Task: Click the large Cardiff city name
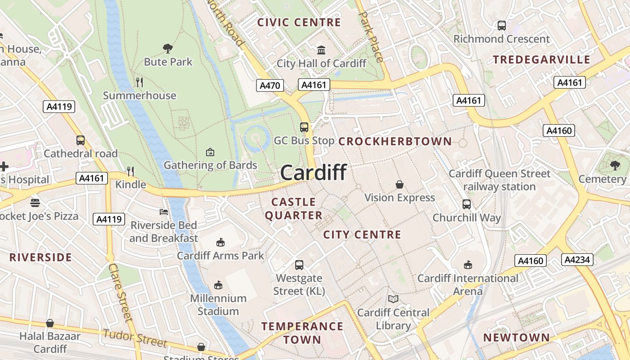click(x=313, y=172)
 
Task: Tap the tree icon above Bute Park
click(x=168, y=48)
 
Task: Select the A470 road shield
click(x=270, y=85)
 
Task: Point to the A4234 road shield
click(x=577, y=260)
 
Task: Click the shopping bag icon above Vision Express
click(x=399, y=184)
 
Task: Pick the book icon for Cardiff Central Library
click(x=393, y=299)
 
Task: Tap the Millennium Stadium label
click(x=218, y=305)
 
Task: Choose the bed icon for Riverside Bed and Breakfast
click(x=164, y=211)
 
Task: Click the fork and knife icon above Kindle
click(x=130, y=171)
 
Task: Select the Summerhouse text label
click(x=139, y=95)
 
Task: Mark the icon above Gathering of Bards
click(x=210, y=152)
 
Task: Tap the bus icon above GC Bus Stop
click(x=304, y=127)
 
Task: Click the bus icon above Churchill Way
click(x=467, y=204)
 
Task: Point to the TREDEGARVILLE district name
click(x=541, y=60)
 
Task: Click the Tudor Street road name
click(x=135, y=338)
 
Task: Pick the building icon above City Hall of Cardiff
click(x=321, y=49)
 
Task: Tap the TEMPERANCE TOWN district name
click(x=302, y=333)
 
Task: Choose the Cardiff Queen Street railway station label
click(x=499, y=180)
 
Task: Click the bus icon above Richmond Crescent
click(x=502, y=26)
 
